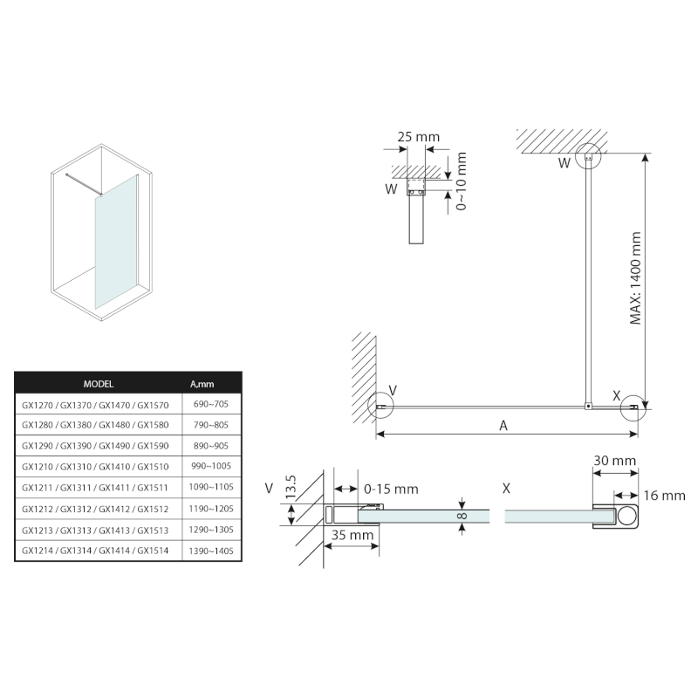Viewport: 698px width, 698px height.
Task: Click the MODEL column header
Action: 98,383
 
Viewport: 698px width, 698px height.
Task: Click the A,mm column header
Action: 202,383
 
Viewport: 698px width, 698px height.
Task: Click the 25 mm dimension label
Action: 418,137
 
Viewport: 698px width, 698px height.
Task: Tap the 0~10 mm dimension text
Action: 462,181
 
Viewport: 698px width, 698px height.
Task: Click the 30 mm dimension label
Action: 614,460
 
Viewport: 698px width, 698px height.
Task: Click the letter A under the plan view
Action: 503,425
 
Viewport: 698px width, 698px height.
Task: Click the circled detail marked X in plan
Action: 634,405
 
